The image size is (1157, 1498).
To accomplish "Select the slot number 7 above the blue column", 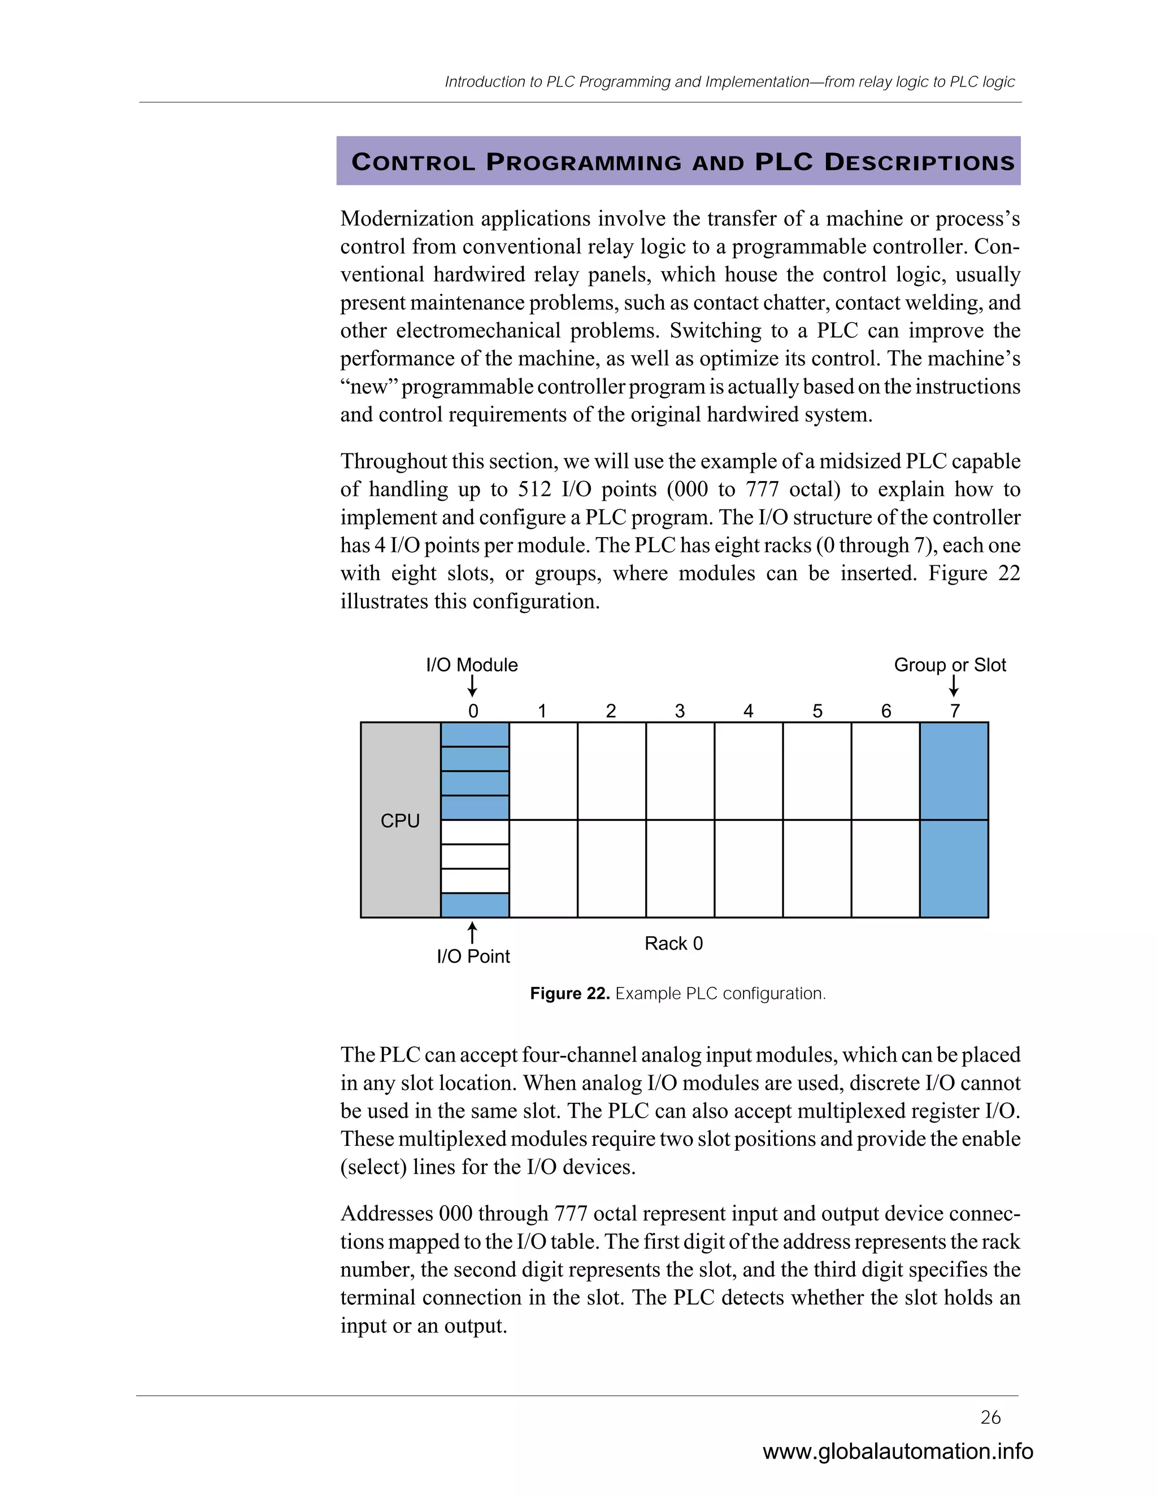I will coord(954,711).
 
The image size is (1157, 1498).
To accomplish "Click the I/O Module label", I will coord(472,665).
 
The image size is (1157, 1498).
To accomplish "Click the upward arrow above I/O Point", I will coord(472,932).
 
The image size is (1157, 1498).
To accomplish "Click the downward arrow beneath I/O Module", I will coord(472,686).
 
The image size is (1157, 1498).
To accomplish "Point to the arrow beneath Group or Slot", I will coord(954,686).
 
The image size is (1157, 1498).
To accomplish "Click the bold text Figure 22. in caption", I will coord(569,993).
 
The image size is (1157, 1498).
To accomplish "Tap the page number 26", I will coord(990,1417).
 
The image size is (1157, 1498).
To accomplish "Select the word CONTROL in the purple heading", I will coord(412,163).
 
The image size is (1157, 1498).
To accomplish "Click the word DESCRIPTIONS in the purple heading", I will coord(919,163).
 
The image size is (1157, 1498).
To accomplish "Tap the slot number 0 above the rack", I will coord(473,711).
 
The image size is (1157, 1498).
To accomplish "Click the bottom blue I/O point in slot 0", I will coord(475,904).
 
